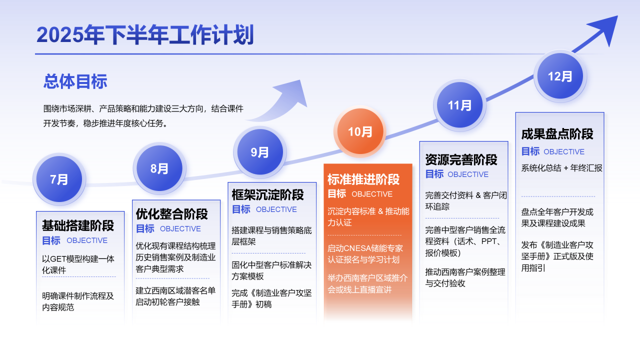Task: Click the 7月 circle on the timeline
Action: click(x=59, y=179)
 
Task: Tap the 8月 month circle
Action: click(x=159, y=168)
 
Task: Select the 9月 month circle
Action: click(x=260, y=151)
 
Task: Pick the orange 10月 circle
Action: click(x=360, y=131)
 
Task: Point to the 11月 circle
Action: click(x=459, y=105)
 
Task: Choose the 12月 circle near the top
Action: click(x=560, y=76)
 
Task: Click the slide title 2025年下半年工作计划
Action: click(x=145, y=35)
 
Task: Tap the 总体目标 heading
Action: click(x=75, y=81)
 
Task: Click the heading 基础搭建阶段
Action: click(x=78, y=225)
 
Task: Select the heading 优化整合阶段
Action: click(x=171, y=213)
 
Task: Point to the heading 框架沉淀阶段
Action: click(x=267, y=194)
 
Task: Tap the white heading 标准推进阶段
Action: click(x=363, y=179)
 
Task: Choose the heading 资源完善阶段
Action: click(x=461, y=159)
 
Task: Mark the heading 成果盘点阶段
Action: click(x=557, y=133)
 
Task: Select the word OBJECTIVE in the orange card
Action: click(x=372, y=194)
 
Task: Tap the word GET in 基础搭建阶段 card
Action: click(x=58, y=259)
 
